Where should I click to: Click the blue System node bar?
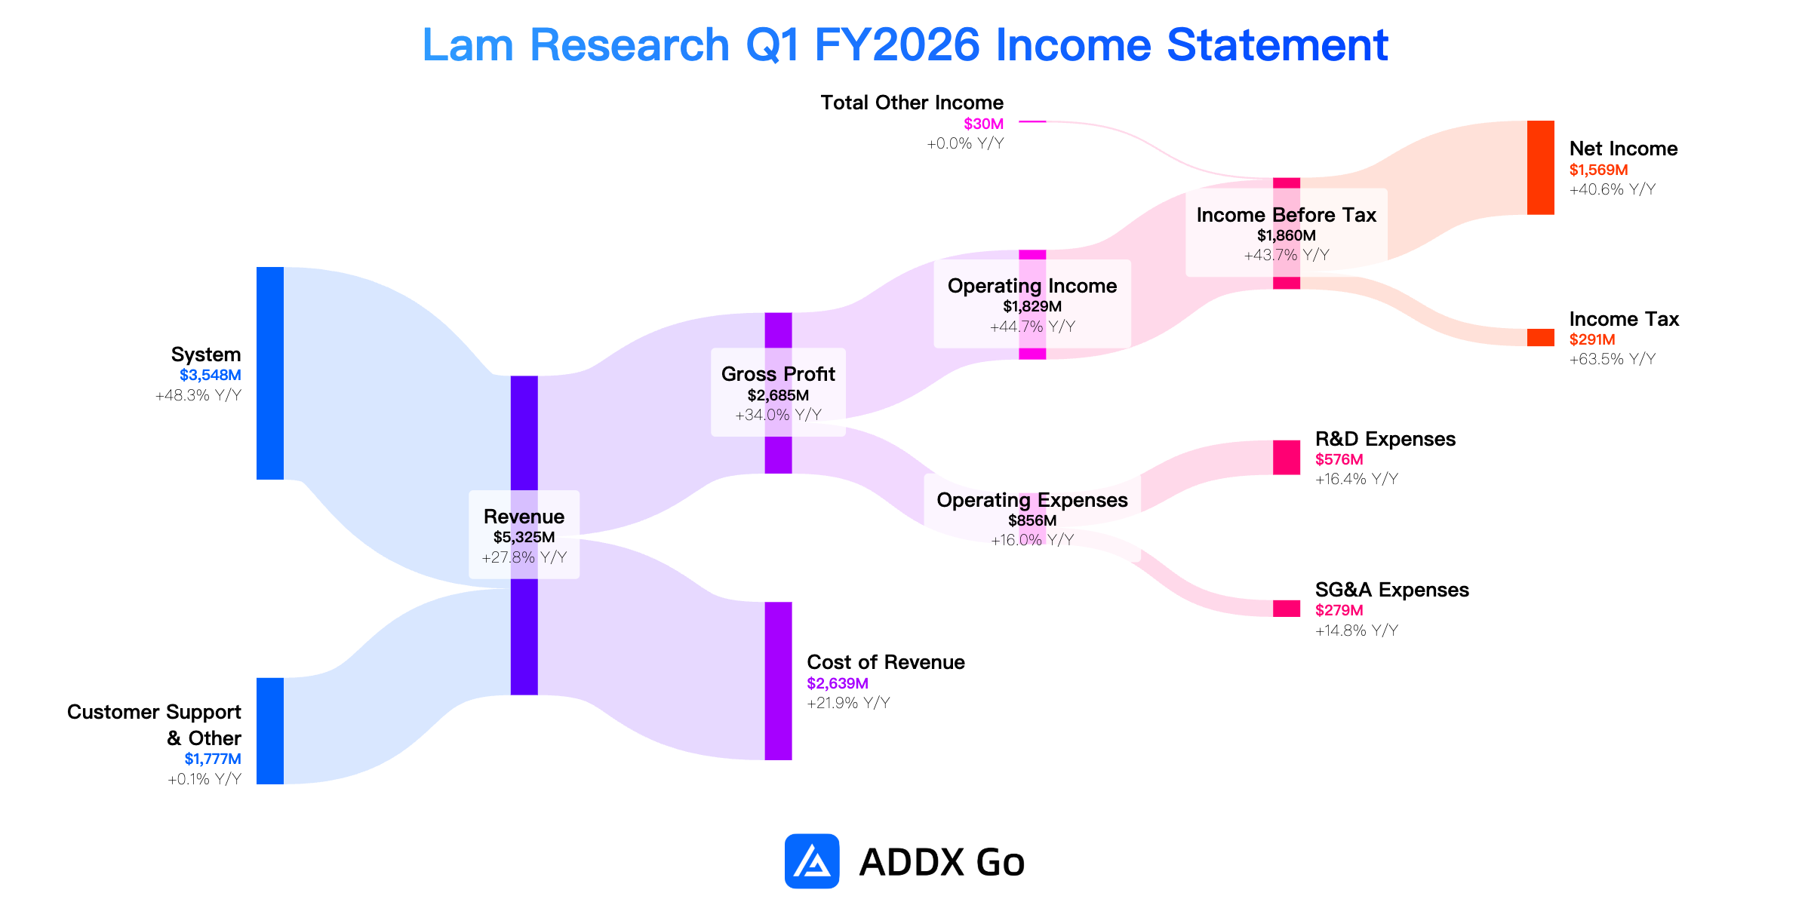click(270, 373)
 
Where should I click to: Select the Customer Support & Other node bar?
click(270, 731)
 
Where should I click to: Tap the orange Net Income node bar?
click(1540, 167)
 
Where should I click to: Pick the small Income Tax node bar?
click(1540, 337)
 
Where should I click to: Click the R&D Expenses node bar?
click(1287, 458)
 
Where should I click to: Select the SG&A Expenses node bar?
click(1287, 609)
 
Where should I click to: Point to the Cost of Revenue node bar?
click(778, 681)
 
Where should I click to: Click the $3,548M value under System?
click(211, 375)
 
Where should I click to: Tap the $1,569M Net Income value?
click(1599, 170)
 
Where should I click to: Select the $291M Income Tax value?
click(1592, 339)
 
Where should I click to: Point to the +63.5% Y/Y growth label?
click(1613, 359)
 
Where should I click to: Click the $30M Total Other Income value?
click(984, 124)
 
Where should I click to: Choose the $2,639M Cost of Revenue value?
click(838, 683)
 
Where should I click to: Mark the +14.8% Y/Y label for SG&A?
click(1357, 630)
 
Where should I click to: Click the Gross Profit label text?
click(778, 374)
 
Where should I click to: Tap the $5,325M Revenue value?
click(524, 537)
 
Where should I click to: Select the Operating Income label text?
click(1032, 286)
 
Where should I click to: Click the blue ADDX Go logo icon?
click(812, 861)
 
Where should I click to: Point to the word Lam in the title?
click(468, 45)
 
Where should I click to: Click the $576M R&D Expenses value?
click(1339, 459)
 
